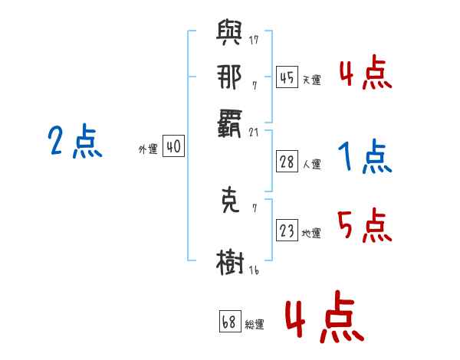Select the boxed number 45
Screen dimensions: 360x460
pos(287,77)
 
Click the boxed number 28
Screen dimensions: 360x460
pos(287,162)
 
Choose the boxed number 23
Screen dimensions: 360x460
pos(287,231)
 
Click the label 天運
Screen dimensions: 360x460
pos(311,80)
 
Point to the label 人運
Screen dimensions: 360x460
pos(311,164)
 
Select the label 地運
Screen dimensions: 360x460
pos(311,233)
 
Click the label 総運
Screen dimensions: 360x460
pos(255,324)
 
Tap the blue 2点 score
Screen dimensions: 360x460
pos(75,142)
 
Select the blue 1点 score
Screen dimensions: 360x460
pos(365,158)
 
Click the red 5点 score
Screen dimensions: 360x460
pos(365,227)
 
